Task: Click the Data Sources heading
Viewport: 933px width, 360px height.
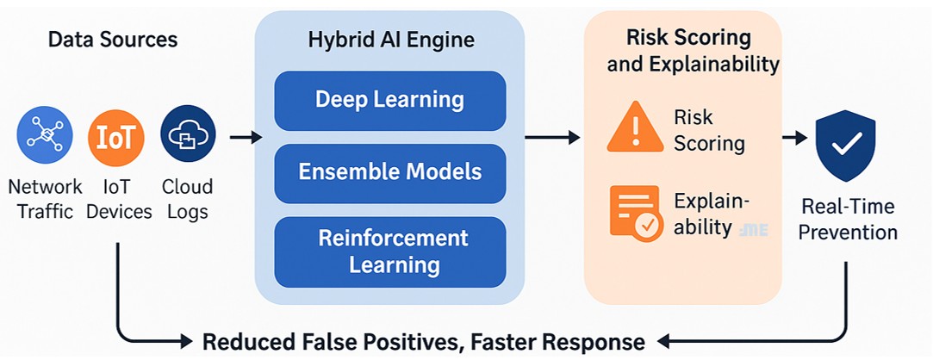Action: pos(113,40)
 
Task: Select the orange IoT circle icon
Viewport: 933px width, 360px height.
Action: pos(115,137)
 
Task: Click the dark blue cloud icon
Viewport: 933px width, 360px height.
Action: pos(187,134)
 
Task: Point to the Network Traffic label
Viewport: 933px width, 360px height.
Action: pos(45,199)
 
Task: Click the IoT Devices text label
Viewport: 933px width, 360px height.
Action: pos(119,199)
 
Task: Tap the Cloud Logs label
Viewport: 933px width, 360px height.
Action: pos(187,199)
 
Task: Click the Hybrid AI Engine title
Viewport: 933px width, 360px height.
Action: pos(390,40)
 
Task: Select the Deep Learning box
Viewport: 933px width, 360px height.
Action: pos(389,100)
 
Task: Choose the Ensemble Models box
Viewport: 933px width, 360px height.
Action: pos(389,172)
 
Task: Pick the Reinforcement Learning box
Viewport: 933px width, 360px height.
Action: pos(389,251)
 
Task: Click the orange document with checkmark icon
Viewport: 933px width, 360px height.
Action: pos(635,212)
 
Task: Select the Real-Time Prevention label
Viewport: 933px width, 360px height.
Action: pos(849,220)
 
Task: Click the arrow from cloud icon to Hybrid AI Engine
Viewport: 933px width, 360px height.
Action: pos(246,137)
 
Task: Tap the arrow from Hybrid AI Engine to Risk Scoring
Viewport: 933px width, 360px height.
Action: pos(552,137)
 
